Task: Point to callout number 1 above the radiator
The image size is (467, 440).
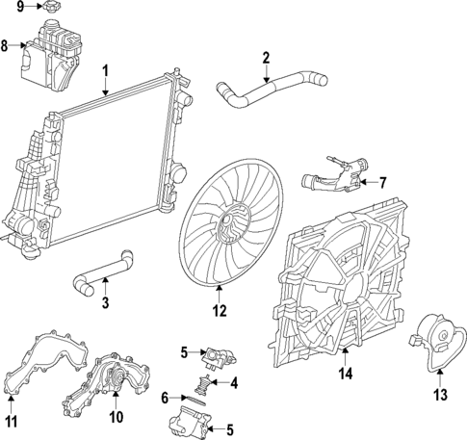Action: (x=106, y=70)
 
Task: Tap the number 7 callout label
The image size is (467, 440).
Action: (x=382, y=181)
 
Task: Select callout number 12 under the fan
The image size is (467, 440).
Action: (x=220, y=310)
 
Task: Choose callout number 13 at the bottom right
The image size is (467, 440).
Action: (x=439, y=393)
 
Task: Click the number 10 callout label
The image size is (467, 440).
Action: (x=116, y=417)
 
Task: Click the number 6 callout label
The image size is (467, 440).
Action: (x=165, y=397)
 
